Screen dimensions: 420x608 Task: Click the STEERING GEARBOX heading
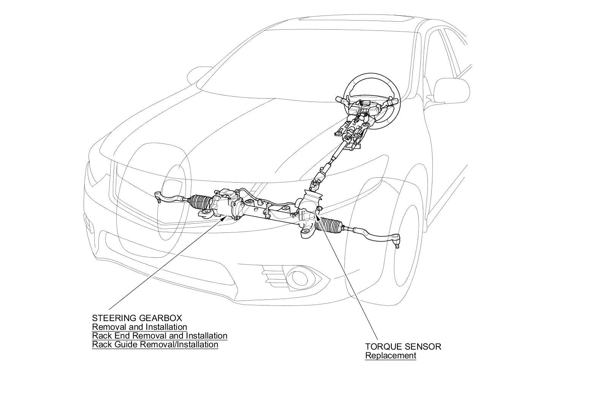click(x=137, y=318)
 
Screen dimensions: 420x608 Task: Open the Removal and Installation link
click(x=139, y=327)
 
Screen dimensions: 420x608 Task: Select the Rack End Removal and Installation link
click(x=160, y=336)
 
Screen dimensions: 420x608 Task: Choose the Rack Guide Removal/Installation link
click(x=155, y=345)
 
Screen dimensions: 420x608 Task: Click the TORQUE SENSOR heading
click(x=403, y=347)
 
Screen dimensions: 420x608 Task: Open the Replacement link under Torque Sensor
click(x=391, y=356)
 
